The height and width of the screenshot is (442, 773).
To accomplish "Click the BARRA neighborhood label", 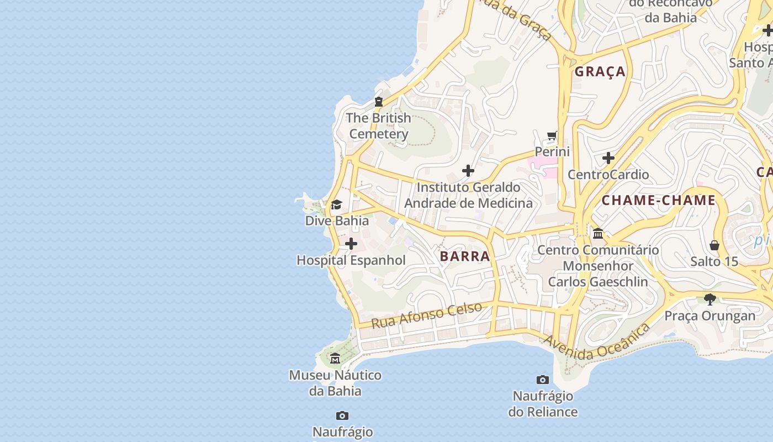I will [465, 256].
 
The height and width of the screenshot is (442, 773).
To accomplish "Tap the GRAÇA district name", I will [600, 72].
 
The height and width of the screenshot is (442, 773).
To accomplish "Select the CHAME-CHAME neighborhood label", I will [658, 201].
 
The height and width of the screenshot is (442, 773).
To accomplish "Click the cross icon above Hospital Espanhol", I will [351, 244].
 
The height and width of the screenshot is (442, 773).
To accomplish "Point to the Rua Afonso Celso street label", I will [426, 315].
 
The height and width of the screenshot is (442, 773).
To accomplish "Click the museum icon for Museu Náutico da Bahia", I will [335, 359].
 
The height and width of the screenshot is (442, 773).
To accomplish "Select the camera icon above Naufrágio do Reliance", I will [543, 380].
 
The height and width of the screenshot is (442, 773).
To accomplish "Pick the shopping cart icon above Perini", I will [552, 135].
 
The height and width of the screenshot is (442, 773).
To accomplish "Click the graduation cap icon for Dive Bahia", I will [336, 205].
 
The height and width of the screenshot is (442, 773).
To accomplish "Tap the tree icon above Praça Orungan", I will [710, 299].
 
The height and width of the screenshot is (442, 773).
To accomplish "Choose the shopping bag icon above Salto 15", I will [714, 245].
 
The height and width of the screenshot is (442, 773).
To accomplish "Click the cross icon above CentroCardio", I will [608, 159].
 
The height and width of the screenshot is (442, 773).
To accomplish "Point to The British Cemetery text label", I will [379, 126].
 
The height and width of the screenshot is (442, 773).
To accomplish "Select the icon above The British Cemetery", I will [379, 102].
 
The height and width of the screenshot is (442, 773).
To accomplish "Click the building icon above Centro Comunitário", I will [598, 234].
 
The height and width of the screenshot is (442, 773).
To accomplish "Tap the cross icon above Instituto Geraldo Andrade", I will [468, 171].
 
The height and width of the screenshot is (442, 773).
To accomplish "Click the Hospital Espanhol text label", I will [351, 260].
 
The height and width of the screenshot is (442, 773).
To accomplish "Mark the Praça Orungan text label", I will [710, 316].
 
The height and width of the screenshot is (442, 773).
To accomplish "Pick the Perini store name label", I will [552, 151].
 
